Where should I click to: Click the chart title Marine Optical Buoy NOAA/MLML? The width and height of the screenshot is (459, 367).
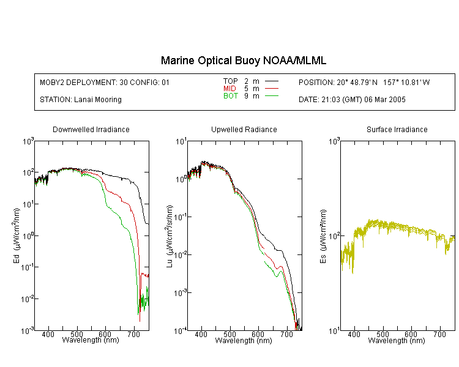click(x=243, y=61)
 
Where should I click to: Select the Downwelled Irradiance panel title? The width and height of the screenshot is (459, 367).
click(x=91, y=129)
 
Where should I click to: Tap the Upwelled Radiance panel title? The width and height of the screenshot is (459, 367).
click(x=244, y=129)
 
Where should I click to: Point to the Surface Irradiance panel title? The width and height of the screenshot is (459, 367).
click(x=397, y=129)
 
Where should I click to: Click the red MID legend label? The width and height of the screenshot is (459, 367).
click(x=229, y=88)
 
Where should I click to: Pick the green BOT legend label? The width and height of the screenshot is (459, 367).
click(x=231, y=96)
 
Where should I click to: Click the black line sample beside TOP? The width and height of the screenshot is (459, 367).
click(x=272, y=81)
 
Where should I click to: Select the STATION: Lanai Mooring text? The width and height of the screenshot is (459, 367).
click(x=81, y=100)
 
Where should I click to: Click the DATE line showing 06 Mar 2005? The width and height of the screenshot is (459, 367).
click(x=352, y=100)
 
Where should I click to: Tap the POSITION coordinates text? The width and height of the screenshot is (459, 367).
click(x=364, y=82)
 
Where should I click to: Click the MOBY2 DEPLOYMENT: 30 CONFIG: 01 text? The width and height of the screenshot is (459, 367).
click(x=105, y=82)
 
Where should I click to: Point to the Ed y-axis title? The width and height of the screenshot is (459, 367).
click(x=17, y=236)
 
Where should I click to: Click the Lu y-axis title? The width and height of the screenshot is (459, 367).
click(x=170, y=236)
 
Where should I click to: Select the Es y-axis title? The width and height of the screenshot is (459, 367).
click(x=323, y=237)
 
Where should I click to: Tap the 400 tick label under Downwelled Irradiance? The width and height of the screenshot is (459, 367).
click(x=48, y=334)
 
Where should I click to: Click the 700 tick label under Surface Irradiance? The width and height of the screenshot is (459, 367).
click(x=439, y=334)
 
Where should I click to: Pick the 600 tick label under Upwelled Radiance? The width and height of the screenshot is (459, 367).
click(x=258, y=334)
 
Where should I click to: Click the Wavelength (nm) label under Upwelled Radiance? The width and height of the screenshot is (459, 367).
click(x=244, y=340)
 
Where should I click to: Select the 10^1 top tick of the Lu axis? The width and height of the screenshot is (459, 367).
click(x=181, y=142)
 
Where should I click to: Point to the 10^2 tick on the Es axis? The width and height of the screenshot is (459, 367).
click(x=334, y=236)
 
